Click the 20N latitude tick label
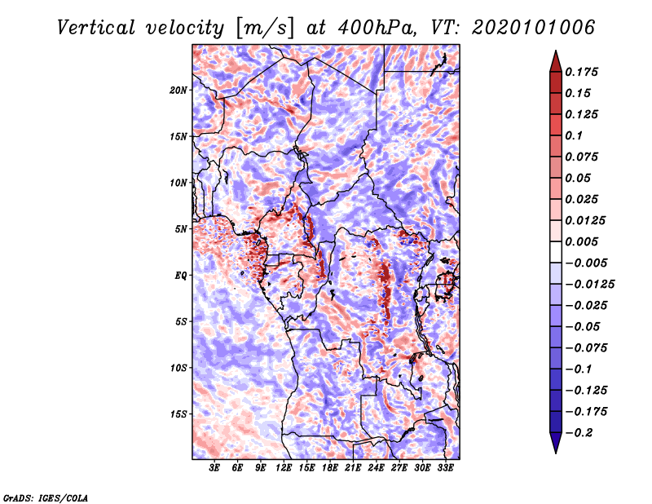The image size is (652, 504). coord(178,91)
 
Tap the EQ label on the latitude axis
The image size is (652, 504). coord(181,276)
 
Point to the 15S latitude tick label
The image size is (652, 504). coord(178,414)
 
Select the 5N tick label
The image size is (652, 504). coord(181,229)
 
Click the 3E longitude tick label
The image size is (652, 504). coord(214,467)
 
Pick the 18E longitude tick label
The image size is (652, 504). coord(330,467)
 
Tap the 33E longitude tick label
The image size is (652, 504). coord(445,467)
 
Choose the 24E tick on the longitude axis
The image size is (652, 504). coord(376,467)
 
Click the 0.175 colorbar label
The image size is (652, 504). coord(581,72)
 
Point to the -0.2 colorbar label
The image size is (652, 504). coord(579,433)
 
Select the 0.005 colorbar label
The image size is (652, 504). coord(581,241)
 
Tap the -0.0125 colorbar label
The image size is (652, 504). coord(590,285)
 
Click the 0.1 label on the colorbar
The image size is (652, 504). coord(574,135)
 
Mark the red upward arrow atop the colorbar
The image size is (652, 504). coord(556,61)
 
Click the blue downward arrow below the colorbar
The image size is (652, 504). coord(556,443)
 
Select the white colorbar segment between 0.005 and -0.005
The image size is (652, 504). coord(556,252)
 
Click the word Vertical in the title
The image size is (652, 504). coord(96,28)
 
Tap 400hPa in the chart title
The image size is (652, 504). coord(376,28)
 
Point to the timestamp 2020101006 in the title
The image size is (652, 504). coord(533,28)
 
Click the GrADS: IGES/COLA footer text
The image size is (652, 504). coord(46,497)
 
